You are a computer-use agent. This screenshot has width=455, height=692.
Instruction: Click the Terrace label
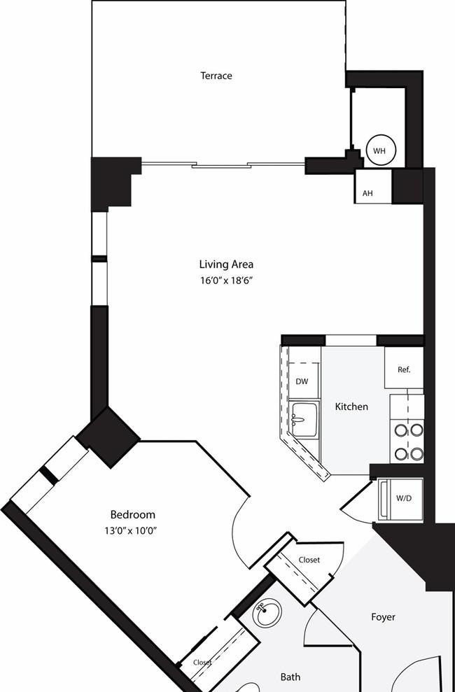point(216,76)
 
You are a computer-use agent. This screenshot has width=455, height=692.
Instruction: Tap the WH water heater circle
point(379,150)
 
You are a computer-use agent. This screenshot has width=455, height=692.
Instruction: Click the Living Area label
point(226,264)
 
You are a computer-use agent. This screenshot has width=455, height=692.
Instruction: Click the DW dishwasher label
point(302,382)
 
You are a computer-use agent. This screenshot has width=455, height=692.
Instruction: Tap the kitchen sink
point(304,419)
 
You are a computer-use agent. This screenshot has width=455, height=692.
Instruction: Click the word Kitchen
point(351,407)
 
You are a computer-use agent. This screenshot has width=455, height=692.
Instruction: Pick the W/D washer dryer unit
point(400,499)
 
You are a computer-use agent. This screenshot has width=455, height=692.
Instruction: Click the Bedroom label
point(133,514)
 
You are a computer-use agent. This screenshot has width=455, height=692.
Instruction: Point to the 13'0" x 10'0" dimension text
point(131,531)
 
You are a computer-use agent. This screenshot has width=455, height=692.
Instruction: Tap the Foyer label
point(383,617)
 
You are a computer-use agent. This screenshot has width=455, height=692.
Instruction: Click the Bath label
point(290,677)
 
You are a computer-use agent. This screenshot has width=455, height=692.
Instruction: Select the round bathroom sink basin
point(267,614)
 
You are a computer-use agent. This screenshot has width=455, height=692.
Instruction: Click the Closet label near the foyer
point(309,560)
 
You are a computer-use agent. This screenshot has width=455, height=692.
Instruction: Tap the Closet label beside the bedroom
point(202,663)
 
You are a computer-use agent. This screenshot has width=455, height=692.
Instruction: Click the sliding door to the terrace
point(223,165)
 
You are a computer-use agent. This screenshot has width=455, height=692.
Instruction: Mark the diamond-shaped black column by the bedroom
point(108,437)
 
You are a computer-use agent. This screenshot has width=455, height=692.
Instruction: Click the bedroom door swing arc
point(234,534)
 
